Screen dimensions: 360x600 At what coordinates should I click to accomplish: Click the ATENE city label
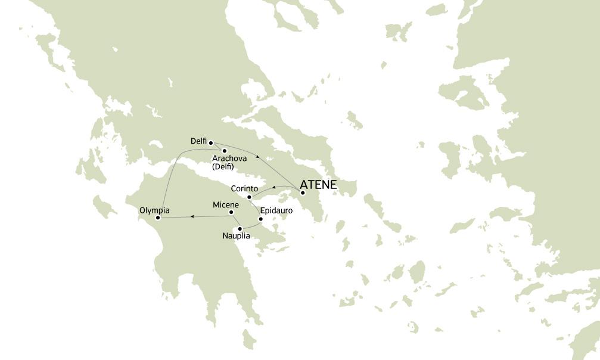(x=318, y=185)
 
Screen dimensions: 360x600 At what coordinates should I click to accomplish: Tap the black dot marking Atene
(x=303, y=193)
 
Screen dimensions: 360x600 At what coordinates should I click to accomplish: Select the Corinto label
(x=244, y=188)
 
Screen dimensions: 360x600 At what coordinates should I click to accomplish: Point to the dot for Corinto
(x=249, y=197)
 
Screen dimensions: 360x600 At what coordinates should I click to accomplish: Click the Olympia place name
(x=154, y=210)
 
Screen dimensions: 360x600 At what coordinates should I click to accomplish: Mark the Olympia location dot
(x=158, y=218)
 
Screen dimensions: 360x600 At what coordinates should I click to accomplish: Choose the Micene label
(x=226, y=205)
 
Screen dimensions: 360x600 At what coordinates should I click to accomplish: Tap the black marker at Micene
(x=231, y=212)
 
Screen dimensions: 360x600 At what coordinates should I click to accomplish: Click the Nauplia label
(x=236, y=236)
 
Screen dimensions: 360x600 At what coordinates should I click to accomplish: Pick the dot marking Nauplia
(x=240, y=229)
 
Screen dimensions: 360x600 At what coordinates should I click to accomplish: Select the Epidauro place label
(x=276, y=210)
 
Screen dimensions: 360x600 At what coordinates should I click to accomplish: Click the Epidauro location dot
(x=260, y=219)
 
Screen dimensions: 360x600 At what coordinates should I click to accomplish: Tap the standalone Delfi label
(x=198, y=141)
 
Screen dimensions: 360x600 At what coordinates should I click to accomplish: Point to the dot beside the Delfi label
(x=211, y=142)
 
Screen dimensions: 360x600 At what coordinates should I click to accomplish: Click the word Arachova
(x=229, y=159)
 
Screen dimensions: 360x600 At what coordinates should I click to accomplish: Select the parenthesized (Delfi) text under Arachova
(x=223, y=167)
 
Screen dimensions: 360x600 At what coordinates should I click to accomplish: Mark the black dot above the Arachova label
(x=225, y=150)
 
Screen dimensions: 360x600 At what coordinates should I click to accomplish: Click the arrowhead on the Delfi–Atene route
(x=257, y=156)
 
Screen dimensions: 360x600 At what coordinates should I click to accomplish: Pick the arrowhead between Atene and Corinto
(x=273, y=188)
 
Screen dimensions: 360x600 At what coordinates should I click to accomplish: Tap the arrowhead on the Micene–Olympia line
(x=192, y=216)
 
